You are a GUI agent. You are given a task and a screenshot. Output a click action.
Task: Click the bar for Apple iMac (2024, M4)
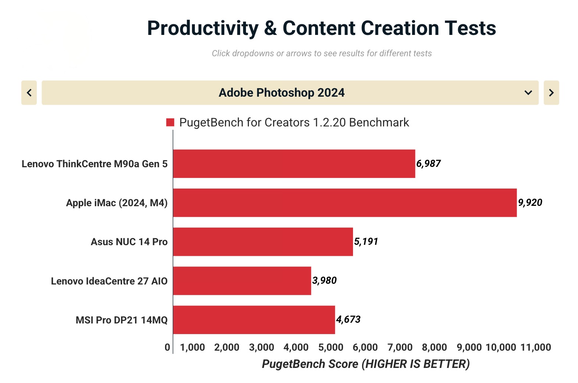click(345, 203)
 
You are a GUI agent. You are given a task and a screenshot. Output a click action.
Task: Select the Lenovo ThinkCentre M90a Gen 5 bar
click(294, 164)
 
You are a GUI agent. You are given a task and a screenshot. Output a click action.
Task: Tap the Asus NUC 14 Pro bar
click(263, 241)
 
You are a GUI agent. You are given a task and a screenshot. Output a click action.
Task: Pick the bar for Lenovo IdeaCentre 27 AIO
click(242, 281)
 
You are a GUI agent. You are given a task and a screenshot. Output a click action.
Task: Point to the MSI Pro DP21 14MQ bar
click(254, 320)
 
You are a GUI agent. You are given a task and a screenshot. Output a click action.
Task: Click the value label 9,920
click(530, 203)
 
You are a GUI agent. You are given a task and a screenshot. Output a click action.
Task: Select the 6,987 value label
click(428, 164)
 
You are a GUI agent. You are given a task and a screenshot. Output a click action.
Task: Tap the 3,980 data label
click(324, 280)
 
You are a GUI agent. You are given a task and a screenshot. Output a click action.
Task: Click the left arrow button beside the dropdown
click(29, 93)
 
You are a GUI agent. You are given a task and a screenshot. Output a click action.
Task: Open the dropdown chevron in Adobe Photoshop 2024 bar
click(528, 93)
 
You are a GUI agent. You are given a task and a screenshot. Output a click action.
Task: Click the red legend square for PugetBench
click(170, 122)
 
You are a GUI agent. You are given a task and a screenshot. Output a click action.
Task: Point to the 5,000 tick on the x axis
click(331, 347)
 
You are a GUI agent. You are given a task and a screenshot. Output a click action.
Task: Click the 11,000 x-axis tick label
click(535, 347)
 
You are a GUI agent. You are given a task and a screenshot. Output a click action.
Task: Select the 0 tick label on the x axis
click(167, 347)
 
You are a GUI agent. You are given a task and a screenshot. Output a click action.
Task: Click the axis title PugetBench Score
click(365, 364)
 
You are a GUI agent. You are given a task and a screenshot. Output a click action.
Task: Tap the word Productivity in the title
click(203, 28)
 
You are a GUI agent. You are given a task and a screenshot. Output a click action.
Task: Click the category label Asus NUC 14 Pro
click(129, 242)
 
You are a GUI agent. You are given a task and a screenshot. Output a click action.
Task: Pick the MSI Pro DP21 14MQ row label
click(121, 320)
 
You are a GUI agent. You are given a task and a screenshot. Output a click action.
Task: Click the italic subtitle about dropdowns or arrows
click(321, 53)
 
